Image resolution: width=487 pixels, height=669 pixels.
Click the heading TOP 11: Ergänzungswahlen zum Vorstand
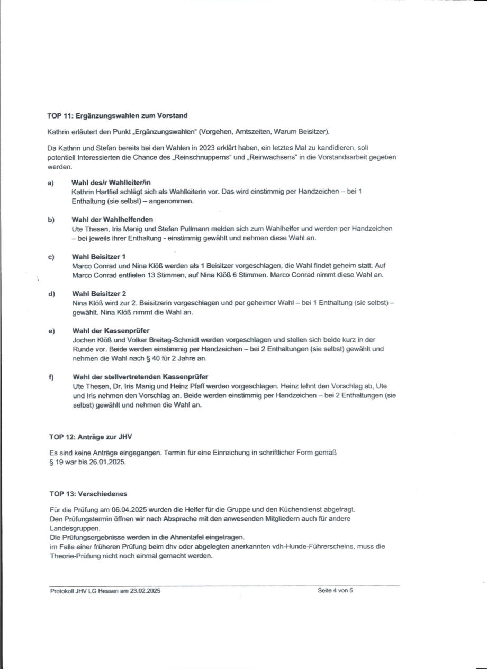click(x=117, y=115)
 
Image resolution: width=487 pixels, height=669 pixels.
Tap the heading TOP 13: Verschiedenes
click(x=88, y=494)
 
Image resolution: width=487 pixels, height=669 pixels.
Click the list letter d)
click(x=51, y=293)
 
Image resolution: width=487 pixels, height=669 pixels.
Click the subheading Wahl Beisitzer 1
click(x=98, y=257)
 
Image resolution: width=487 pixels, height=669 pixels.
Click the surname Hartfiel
click(x=107, y=192)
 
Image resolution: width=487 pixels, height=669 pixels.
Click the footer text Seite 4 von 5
click(x=335, y=591)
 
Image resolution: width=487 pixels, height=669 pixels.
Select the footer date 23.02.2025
click(x=143, y=591)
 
